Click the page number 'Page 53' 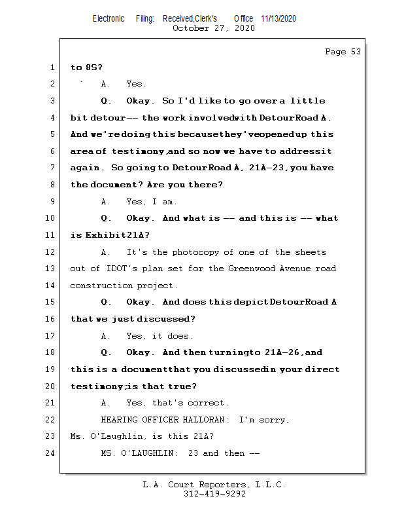pos(343,52)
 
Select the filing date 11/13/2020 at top pos(278,18)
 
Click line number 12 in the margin pos(52,252)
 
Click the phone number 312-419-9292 pos(215,494)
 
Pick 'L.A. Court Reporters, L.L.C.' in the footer pos(214,485)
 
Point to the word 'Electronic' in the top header pos(109,18)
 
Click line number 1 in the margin pos(52,67)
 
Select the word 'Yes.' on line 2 pos(137,84)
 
